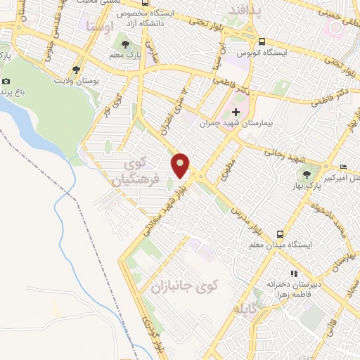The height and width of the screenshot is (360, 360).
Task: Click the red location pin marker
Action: click(x=181, y=165)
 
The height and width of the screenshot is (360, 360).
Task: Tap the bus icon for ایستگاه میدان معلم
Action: click(x=281, y=234)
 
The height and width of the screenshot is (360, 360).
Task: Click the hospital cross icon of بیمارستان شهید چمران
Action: click(x=236, y=112)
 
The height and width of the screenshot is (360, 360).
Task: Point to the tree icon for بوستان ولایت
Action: click(x=76, y=69)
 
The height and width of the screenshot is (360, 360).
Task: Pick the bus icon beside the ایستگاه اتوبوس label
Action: click(x=262, y=41)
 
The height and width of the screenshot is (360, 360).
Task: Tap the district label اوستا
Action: click(x=99, y=26)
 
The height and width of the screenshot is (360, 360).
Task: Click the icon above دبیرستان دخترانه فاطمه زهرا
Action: click(x=294, y=274)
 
